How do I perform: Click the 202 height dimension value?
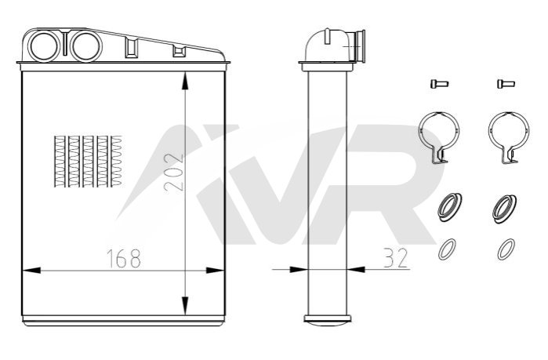174,172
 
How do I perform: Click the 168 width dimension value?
124,258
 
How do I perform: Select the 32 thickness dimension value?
396,258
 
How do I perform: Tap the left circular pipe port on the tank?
45,46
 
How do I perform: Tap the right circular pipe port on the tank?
86,46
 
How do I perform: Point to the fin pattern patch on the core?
88,161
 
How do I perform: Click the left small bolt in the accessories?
439,84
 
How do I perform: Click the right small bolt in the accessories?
506,84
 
